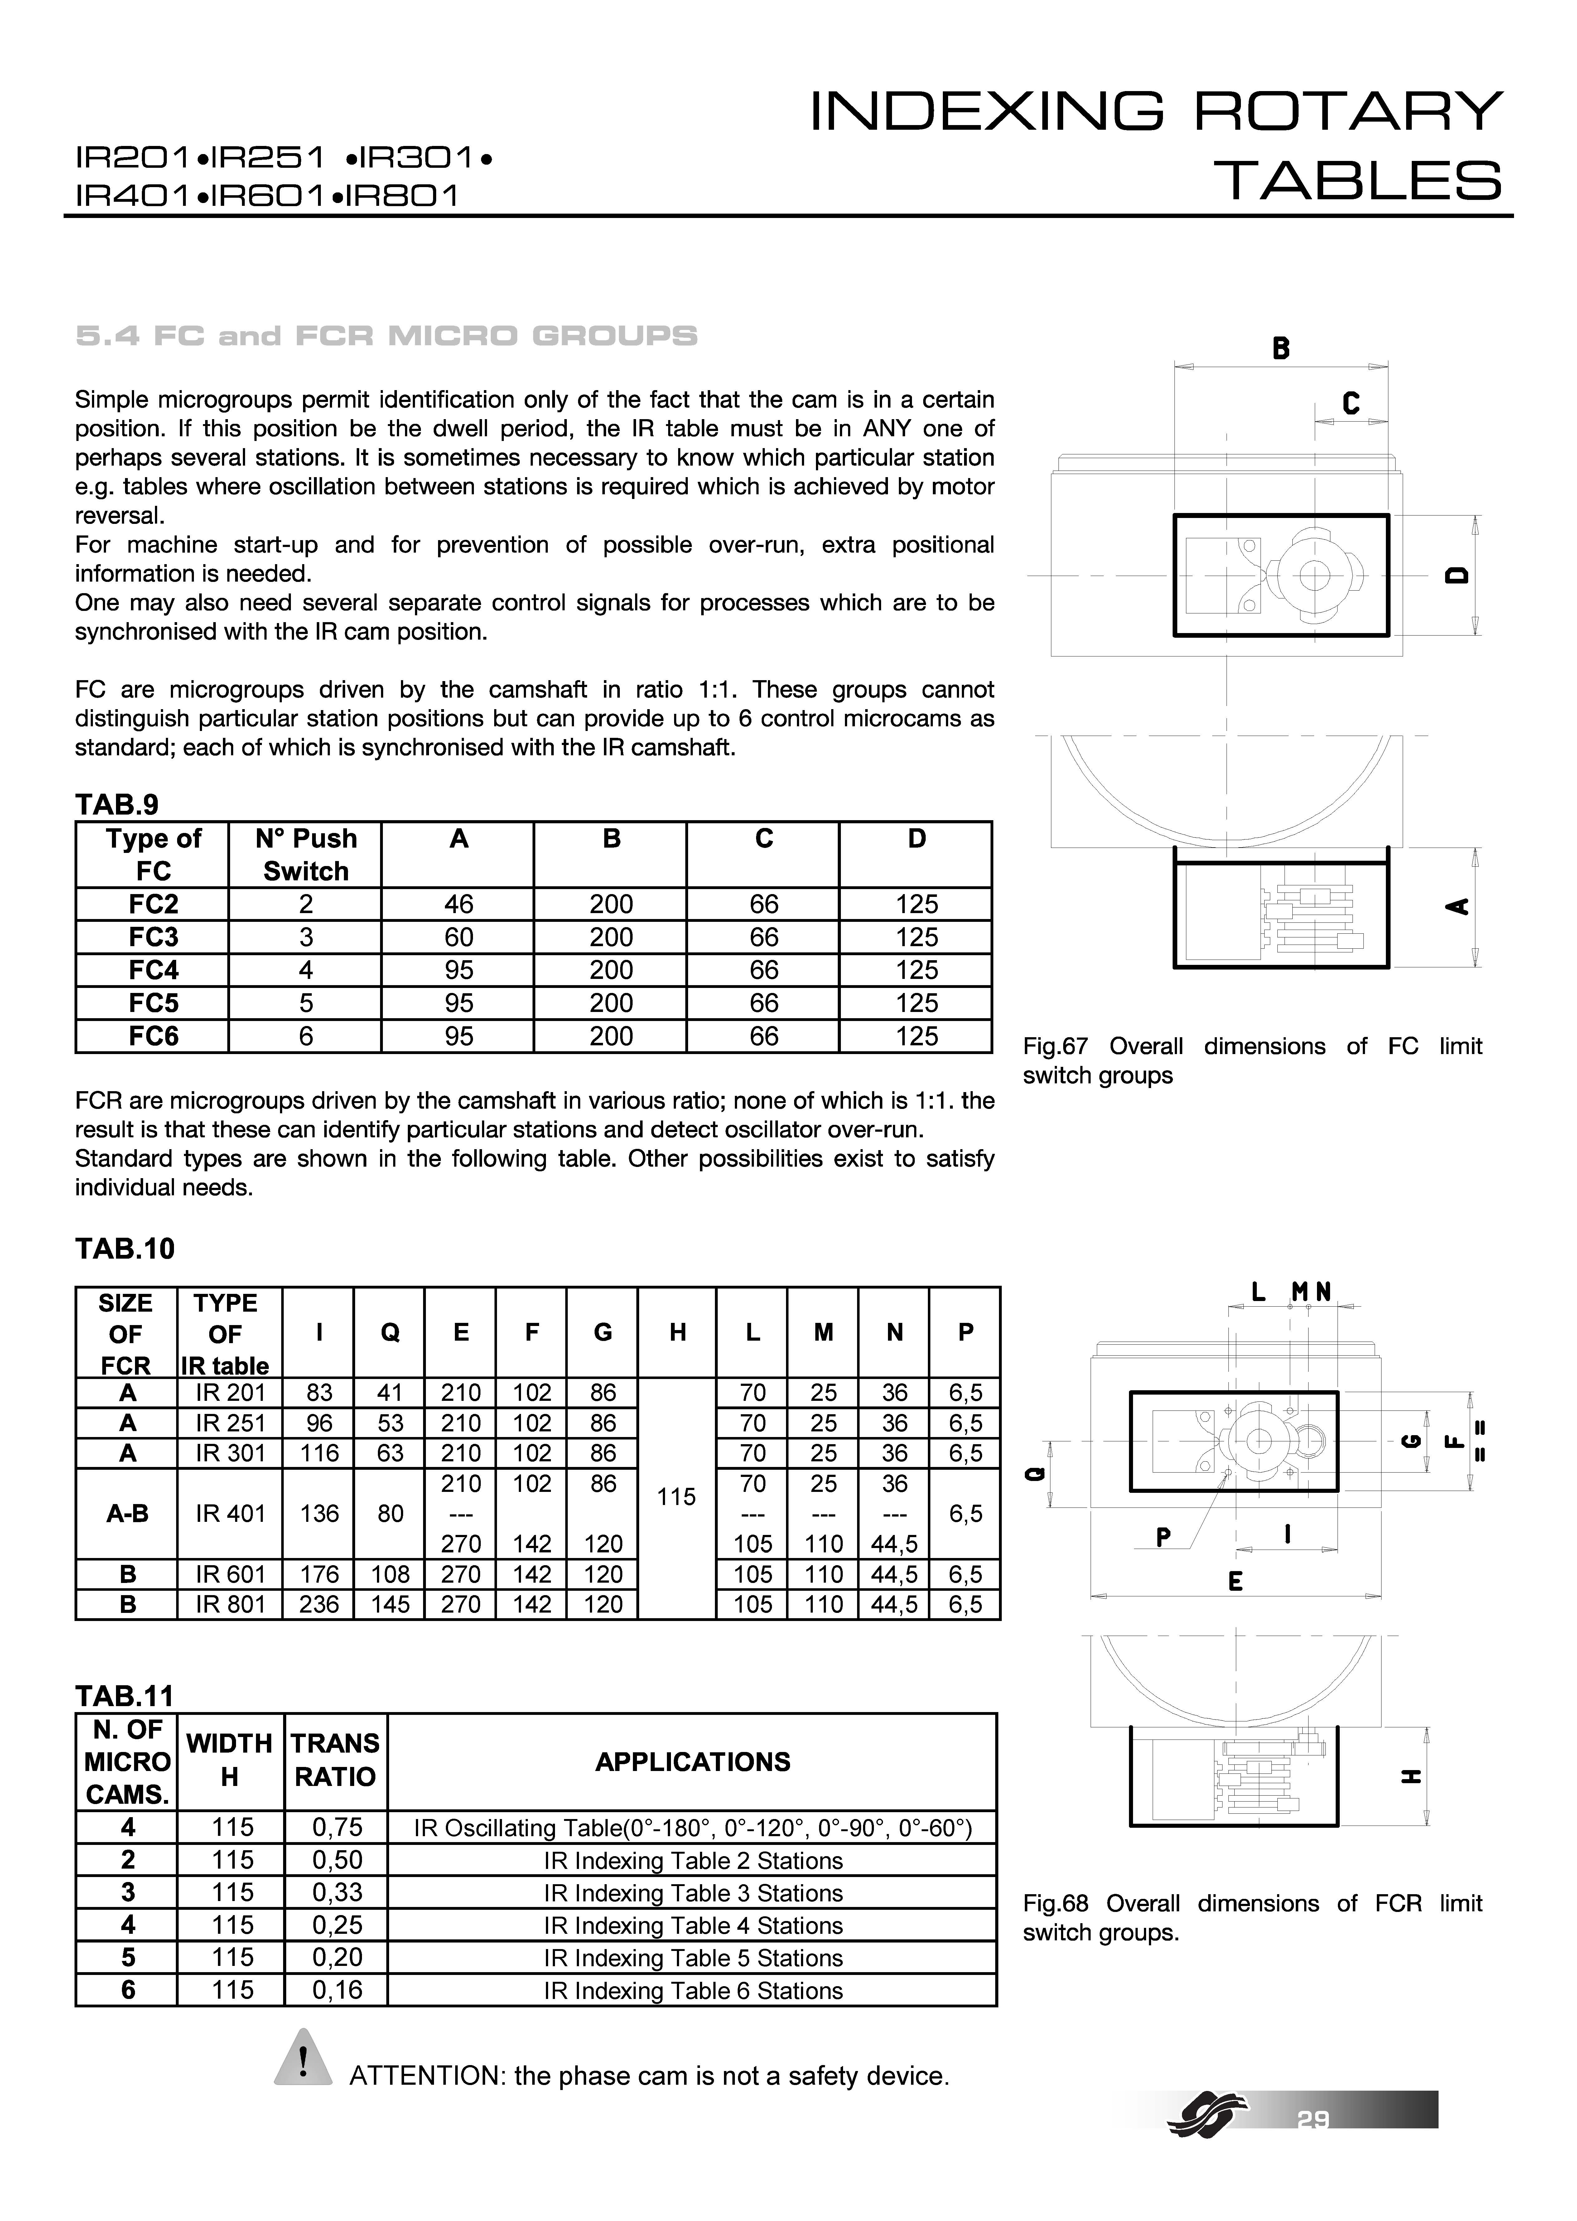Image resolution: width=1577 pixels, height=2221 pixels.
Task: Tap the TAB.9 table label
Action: click(117, 804)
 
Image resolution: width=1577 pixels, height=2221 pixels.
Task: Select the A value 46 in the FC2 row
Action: click(458, 904)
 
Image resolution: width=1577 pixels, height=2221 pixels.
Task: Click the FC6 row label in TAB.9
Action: click(153, 1036)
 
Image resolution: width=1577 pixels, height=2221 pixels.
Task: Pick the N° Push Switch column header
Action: click(305, 854)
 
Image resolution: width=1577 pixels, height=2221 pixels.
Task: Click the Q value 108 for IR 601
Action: click(389, 1574)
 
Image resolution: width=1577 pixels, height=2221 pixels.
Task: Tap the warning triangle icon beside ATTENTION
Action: click(304, 2056)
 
